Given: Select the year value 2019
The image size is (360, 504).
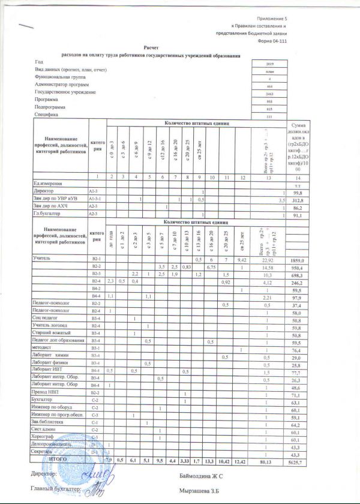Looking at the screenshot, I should (269, 63).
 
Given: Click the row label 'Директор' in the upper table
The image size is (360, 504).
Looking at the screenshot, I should (43, 190).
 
